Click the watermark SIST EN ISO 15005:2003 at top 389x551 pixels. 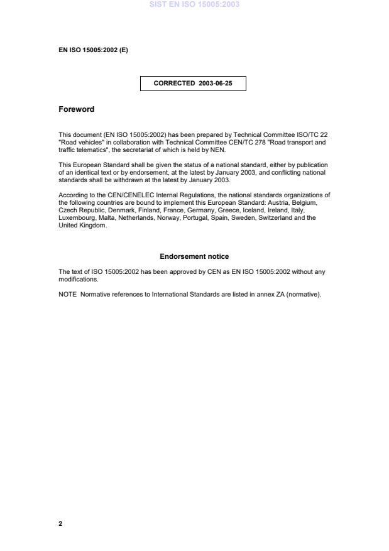pyautogui.click(x=194, y=4)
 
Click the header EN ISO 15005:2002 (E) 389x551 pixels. pyautogui.click(x=93, y=50)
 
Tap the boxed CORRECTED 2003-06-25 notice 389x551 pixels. pyautogui.click(x=193, y=83)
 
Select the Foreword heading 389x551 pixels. pyautogui.click(x=76, y=109)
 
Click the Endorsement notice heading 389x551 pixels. pyautogui.click(x=194, y=256)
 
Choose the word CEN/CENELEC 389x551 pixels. pyautogui.click(x=118, y=195)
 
